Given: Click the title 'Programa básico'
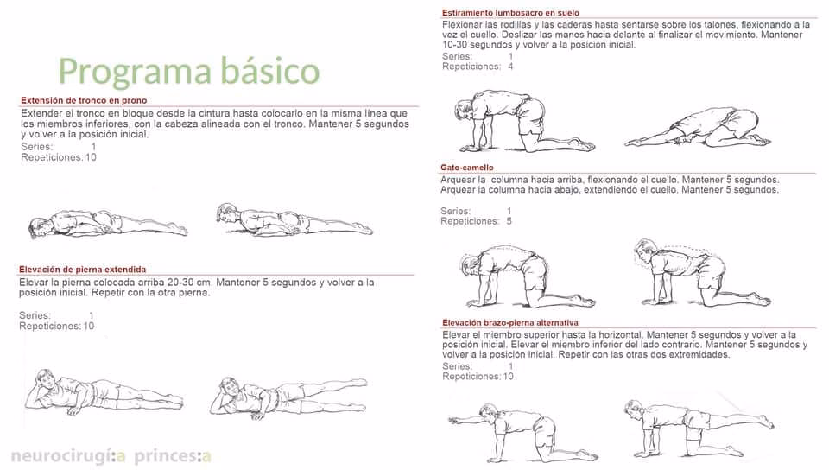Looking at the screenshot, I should (188, 71).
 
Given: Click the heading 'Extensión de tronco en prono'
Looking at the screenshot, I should (84, 100).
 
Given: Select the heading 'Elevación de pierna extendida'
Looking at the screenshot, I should (82, 270).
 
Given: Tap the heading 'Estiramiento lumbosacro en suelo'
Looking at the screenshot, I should (510, 13).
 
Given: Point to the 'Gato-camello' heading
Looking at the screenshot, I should (467, 168).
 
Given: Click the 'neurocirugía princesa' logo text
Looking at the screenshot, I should (111, 455).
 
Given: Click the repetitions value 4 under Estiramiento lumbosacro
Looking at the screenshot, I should (510, 67).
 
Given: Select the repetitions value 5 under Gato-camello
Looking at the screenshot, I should (509, 221).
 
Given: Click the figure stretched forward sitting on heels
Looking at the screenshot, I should (699, 128).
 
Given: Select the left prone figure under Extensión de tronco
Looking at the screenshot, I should (106, 224).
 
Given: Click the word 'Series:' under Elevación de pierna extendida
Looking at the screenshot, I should (35, 315).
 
